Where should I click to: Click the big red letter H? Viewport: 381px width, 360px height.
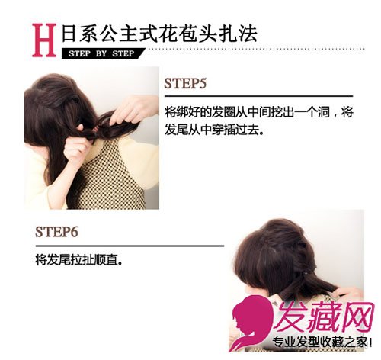coord(44,40)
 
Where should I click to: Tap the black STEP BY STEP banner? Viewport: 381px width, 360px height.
coord(103,53)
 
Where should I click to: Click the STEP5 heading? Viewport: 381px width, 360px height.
coord(185,83)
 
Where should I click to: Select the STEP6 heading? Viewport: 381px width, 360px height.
coord(56,232)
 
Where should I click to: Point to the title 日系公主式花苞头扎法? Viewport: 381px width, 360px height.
coord(159,33)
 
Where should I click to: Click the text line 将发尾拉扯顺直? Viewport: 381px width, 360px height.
coord(79,260)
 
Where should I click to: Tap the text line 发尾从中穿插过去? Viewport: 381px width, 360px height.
coord(213,130)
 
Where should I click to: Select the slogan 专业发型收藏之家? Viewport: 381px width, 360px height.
coord(322,342)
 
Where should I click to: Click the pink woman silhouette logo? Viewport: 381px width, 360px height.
coord(251,323)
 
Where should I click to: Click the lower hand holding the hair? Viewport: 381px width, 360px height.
coord(75,150)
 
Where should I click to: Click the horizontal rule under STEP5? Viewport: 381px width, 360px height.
coord(258,96)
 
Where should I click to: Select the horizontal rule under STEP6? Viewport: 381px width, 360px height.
coord(130,246)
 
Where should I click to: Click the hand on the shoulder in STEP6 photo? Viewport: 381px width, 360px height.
coord(348,292)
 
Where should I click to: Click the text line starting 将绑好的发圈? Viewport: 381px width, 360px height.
coord(258,112)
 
